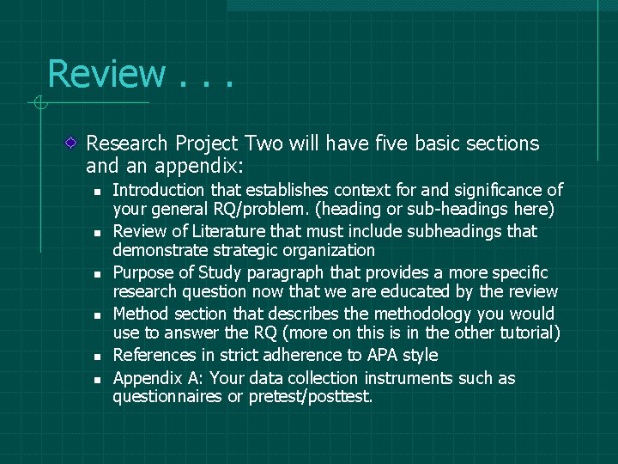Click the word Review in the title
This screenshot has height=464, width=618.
(x=106, y=73)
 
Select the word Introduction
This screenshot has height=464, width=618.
(x=159, y=190)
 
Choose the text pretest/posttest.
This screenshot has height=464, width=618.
(x=310, y=397)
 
